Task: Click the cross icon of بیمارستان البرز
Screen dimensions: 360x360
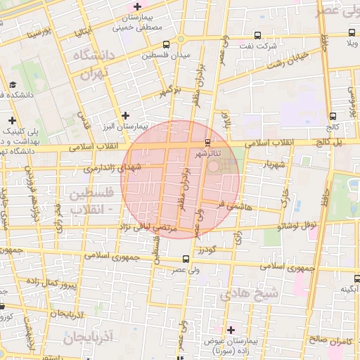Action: tap(125, 115)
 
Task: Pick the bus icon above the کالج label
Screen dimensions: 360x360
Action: tap(333, 117)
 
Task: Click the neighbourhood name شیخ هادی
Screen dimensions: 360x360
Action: tap(250, 292)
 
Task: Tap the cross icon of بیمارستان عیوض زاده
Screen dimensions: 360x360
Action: tap(231, 329)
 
